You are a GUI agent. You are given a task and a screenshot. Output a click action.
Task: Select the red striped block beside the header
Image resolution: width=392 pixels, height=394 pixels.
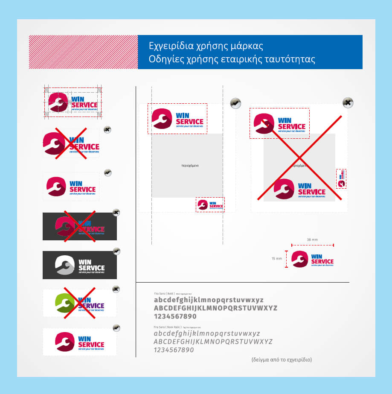point(83,52)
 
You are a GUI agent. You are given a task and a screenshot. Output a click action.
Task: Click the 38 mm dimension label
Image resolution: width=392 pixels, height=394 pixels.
point(312,240)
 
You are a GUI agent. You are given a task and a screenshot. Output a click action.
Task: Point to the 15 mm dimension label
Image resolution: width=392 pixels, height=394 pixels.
point(277,259)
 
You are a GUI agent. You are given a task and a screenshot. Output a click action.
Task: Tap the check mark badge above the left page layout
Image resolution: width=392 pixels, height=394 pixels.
point(235,103)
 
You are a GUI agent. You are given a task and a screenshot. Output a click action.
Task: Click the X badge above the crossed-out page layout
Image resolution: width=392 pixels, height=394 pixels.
point(348,102)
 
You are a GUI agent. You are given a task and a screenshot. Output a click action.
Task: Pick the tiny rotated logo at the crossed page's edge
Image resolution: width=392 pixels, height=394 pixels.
point(341,178)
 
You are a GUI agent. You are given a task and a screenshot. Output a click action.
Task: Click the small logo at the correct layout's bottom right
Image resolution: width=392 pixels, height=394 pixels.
point(210,204)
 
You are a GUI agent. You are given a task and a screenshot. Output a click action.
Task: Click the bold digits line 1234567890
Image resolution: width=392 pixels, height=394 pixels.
point(175,316)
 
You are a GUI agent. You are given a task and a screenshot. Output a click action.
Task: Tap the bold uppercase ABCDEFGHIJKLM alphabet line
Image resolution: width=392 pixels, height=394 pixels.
point(215,308)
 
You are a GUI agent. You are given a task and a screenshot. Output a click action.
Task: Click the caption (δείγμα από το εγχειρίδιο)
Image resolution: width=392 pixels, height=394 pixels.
point(282,359)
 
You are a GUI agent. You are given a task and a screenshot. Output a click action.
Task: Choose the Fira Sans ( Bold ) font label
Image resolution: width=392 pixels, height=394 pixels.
point(164,294)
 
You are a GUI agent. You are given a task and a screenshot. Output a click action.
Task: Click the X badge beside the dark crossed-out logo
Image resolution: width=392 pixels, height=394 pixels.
point(116,212)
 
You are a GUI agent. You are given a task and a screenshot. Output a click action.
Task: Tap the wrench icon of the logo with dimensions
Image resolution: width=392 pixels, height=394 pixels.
point(299,259)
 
